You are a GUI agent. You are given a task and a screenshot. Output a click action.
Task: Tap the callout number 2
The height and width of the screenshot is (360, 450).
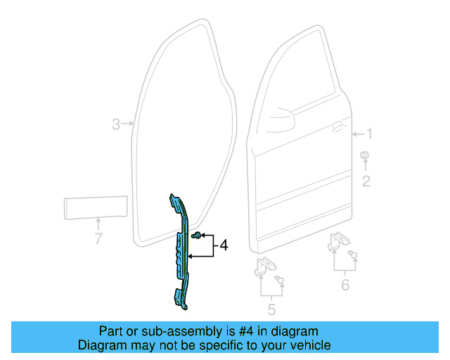[366, 182]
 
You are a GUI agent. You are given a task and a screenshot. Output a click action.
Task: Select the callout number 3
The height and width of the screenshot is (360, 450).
[117, 124]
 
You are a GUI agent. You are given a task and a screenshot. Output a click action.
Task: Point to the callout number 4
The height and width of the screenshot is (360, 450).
[224, 245]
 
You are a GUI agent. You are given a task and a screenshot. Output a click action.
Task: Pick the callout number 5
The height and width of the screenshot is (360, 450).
[271, 309]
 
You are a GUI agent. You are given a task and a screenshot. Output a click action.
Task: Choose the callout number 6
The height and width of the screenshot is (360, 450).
[345, 285]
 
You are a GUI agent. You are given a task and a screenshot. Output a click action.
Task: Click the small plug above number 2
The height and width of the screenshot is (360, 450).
[365, 155]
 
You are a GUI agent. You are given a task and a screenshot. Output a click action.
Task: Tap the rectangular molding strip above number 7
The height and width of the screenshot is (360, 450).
[95, 209]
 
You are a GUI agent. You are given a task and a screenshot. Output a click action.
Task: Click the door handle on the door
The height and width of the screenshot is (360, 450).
[337, 126]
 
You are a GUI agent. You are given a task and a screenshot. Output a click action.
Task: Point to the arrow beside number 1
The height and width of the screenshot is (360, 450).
[356, 134]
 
